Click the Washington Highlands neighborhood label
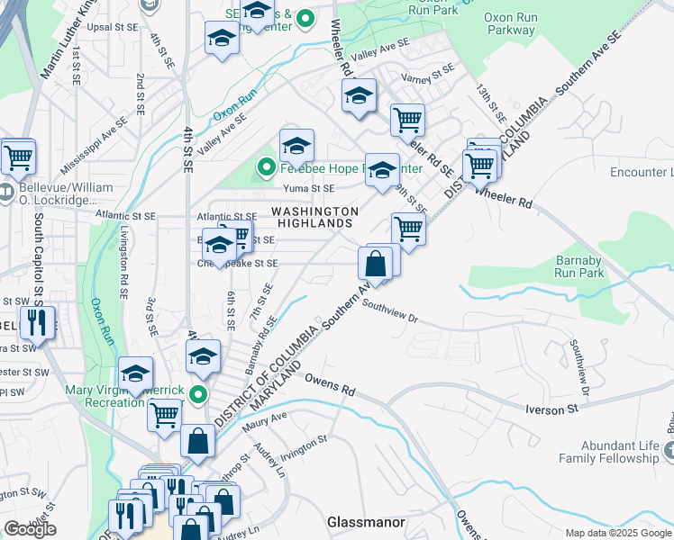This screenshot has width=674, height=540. click(x=314, y=217)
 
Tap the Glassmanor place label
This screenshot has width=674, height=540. click(x=365, y=522)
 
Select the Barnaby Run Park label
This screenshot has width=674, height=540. click(x=578, y=265)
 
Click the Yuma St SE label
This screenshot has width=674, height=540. click(x=309, y=188)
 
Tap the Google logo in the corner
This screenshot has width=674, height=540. click(x=30, y=529)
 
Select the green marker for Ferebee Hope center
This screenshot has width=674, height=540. click(x=266, y=167)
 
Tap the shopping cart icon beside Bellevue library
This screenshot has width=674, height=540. click(x=17, y=157)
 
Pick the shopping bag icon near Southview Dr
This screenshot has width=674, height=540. click(x=375, y=265)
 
